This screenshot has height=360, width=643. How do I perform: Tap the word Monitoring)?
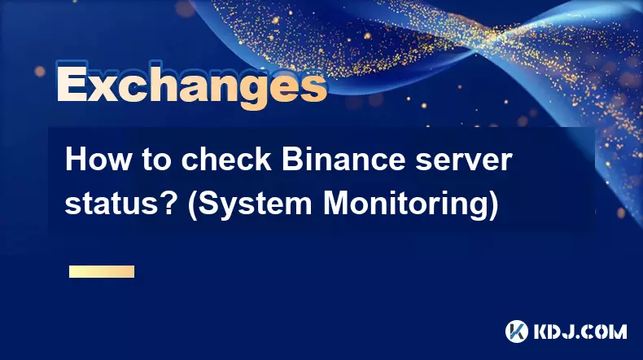(410, 205)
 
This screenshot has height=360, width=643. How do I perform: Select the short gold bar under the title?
(102, 271)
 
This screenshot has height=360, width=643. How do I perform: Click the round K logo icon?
(517, 331)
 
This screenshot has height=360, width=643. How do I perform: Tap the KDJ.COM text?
(580, 331)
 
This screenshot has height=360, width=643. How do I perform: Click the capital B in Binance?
(291, 160)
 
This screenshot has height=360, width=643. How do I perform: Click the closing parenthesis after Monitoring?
(493, 205)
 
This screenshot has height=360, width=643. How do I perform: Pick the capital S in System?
(208, 203)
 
